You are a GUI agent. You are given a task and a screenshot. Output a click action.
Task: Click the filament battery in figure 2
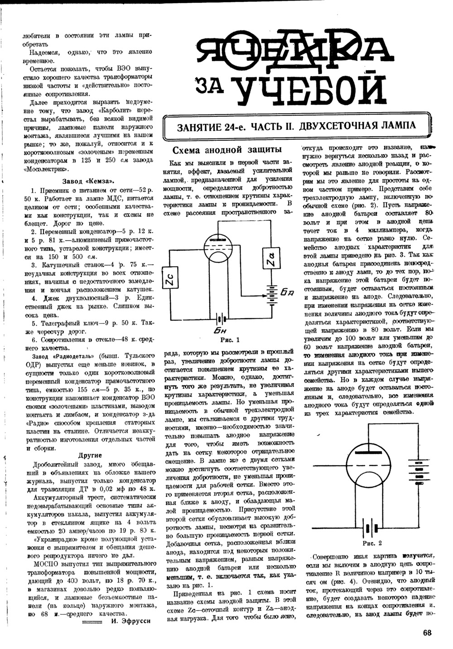coord(371,528)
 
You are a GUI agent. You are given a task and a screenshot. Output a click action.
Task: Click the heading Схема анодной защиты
coord(228,150)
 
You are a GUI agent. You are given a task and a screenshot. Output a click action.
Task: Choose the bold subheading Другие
coord(90,455)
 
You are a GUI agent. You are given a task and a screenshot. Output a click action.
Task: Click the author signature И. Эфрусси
coord(130,621)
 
